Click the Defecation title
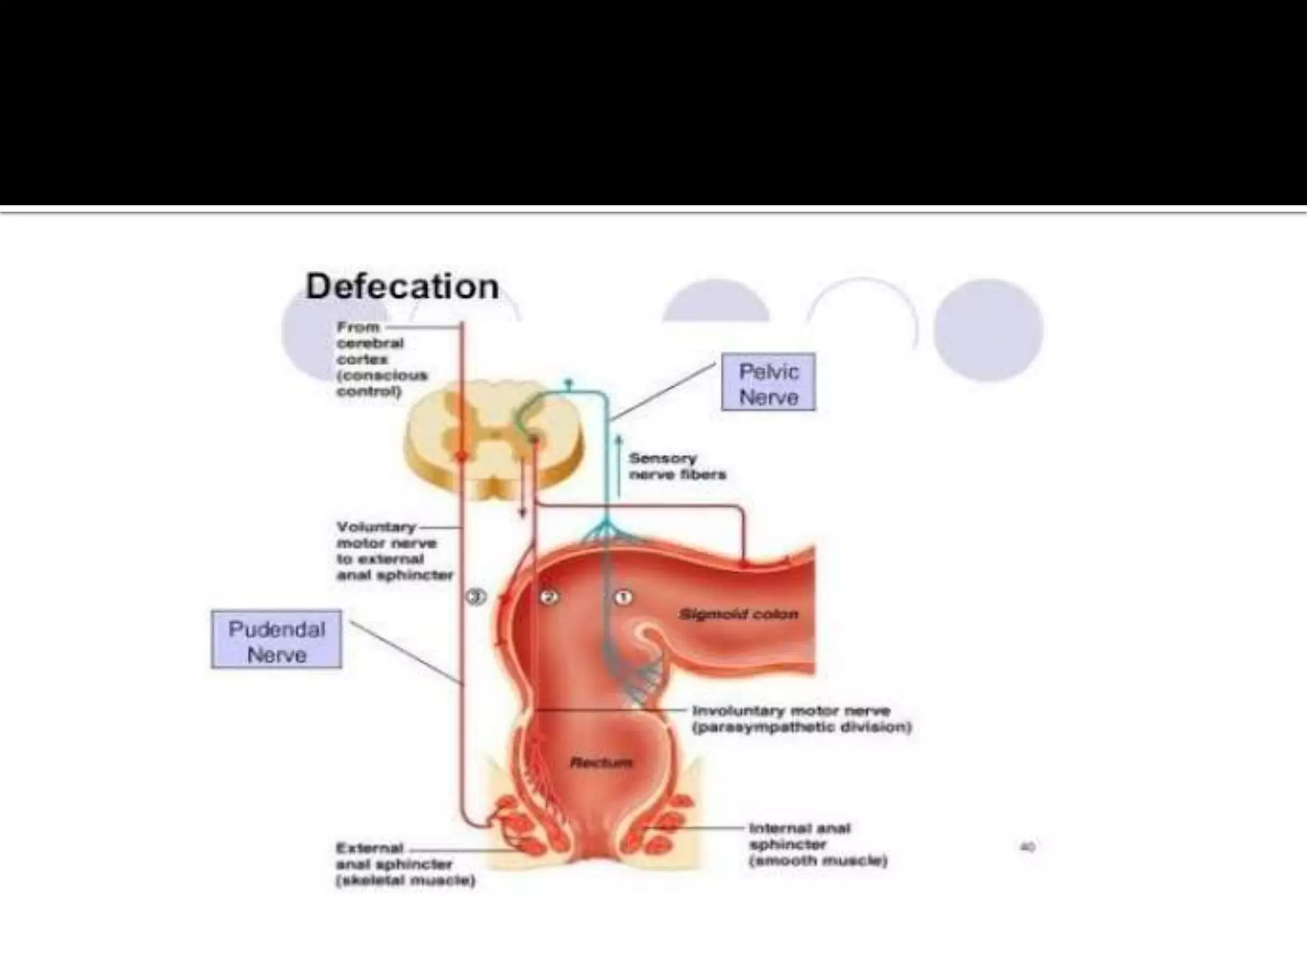(x=402, y=286)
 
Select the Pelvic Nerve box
(x=768, y=382)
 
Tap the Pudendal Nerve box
(x=276, y=640)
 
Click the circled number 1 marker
(x=623, y=597)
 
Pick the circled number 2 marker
(x=549, y=597)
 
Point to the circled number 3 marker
(x=476, y=597)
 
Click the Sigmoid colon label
(x=738, y=614)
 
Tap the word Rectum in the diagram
(x=601, y=762)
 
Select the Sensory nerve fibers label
(x=676, y=466)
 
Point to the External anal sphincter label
(x=405, y=865)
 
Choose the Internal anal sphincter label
(x=817, y=844)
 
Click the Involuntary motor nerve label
(x=801, y=719)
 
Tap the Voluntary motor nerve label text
(x=394, y=551)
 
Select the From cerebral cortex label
(x=380, y=359)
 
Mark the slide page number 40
(x=1027, y=847)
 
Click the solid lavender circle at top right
(x=988, y=329)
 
